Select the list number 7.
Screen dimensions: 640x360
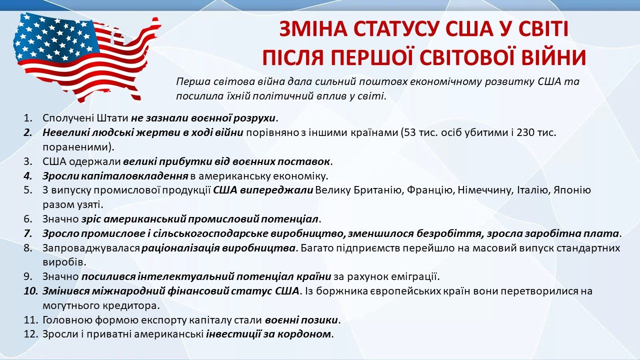pyautogui.click(x=28, y=233)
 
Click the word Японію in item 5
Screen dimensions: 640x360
pyautogui.click(x=572, y=190)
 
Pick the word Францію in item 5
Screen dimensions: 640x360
pyautogui.click(x=430, y=190)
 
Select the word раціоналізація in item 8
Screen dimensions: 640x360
pyautogui.click(x=180, y=248)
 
